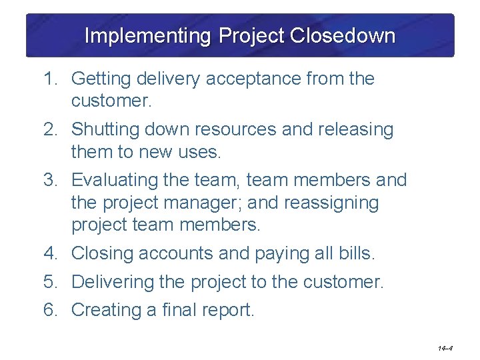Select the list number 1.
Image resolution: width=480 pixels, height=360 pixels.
pos(49,79)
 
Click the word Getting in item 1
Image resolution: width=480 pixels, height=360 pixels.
pos(100,79)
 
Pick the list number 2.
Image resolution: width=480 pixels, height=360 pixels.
pos(49,129)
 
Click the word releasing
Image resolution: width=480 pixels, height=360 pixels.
pos(355,129)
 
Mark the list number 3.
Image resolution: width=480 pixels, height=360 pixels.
pos(49,180)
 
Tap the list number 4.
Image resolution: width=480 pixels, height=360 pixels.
pos(49,253)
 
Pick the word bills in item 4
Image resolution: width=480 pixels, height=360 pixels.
pos(359,253)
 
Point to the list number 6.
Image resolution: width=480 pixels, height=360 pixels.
pos(49,310)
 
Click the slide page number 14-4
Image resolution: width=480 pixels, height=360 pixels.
pos(446,348)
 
